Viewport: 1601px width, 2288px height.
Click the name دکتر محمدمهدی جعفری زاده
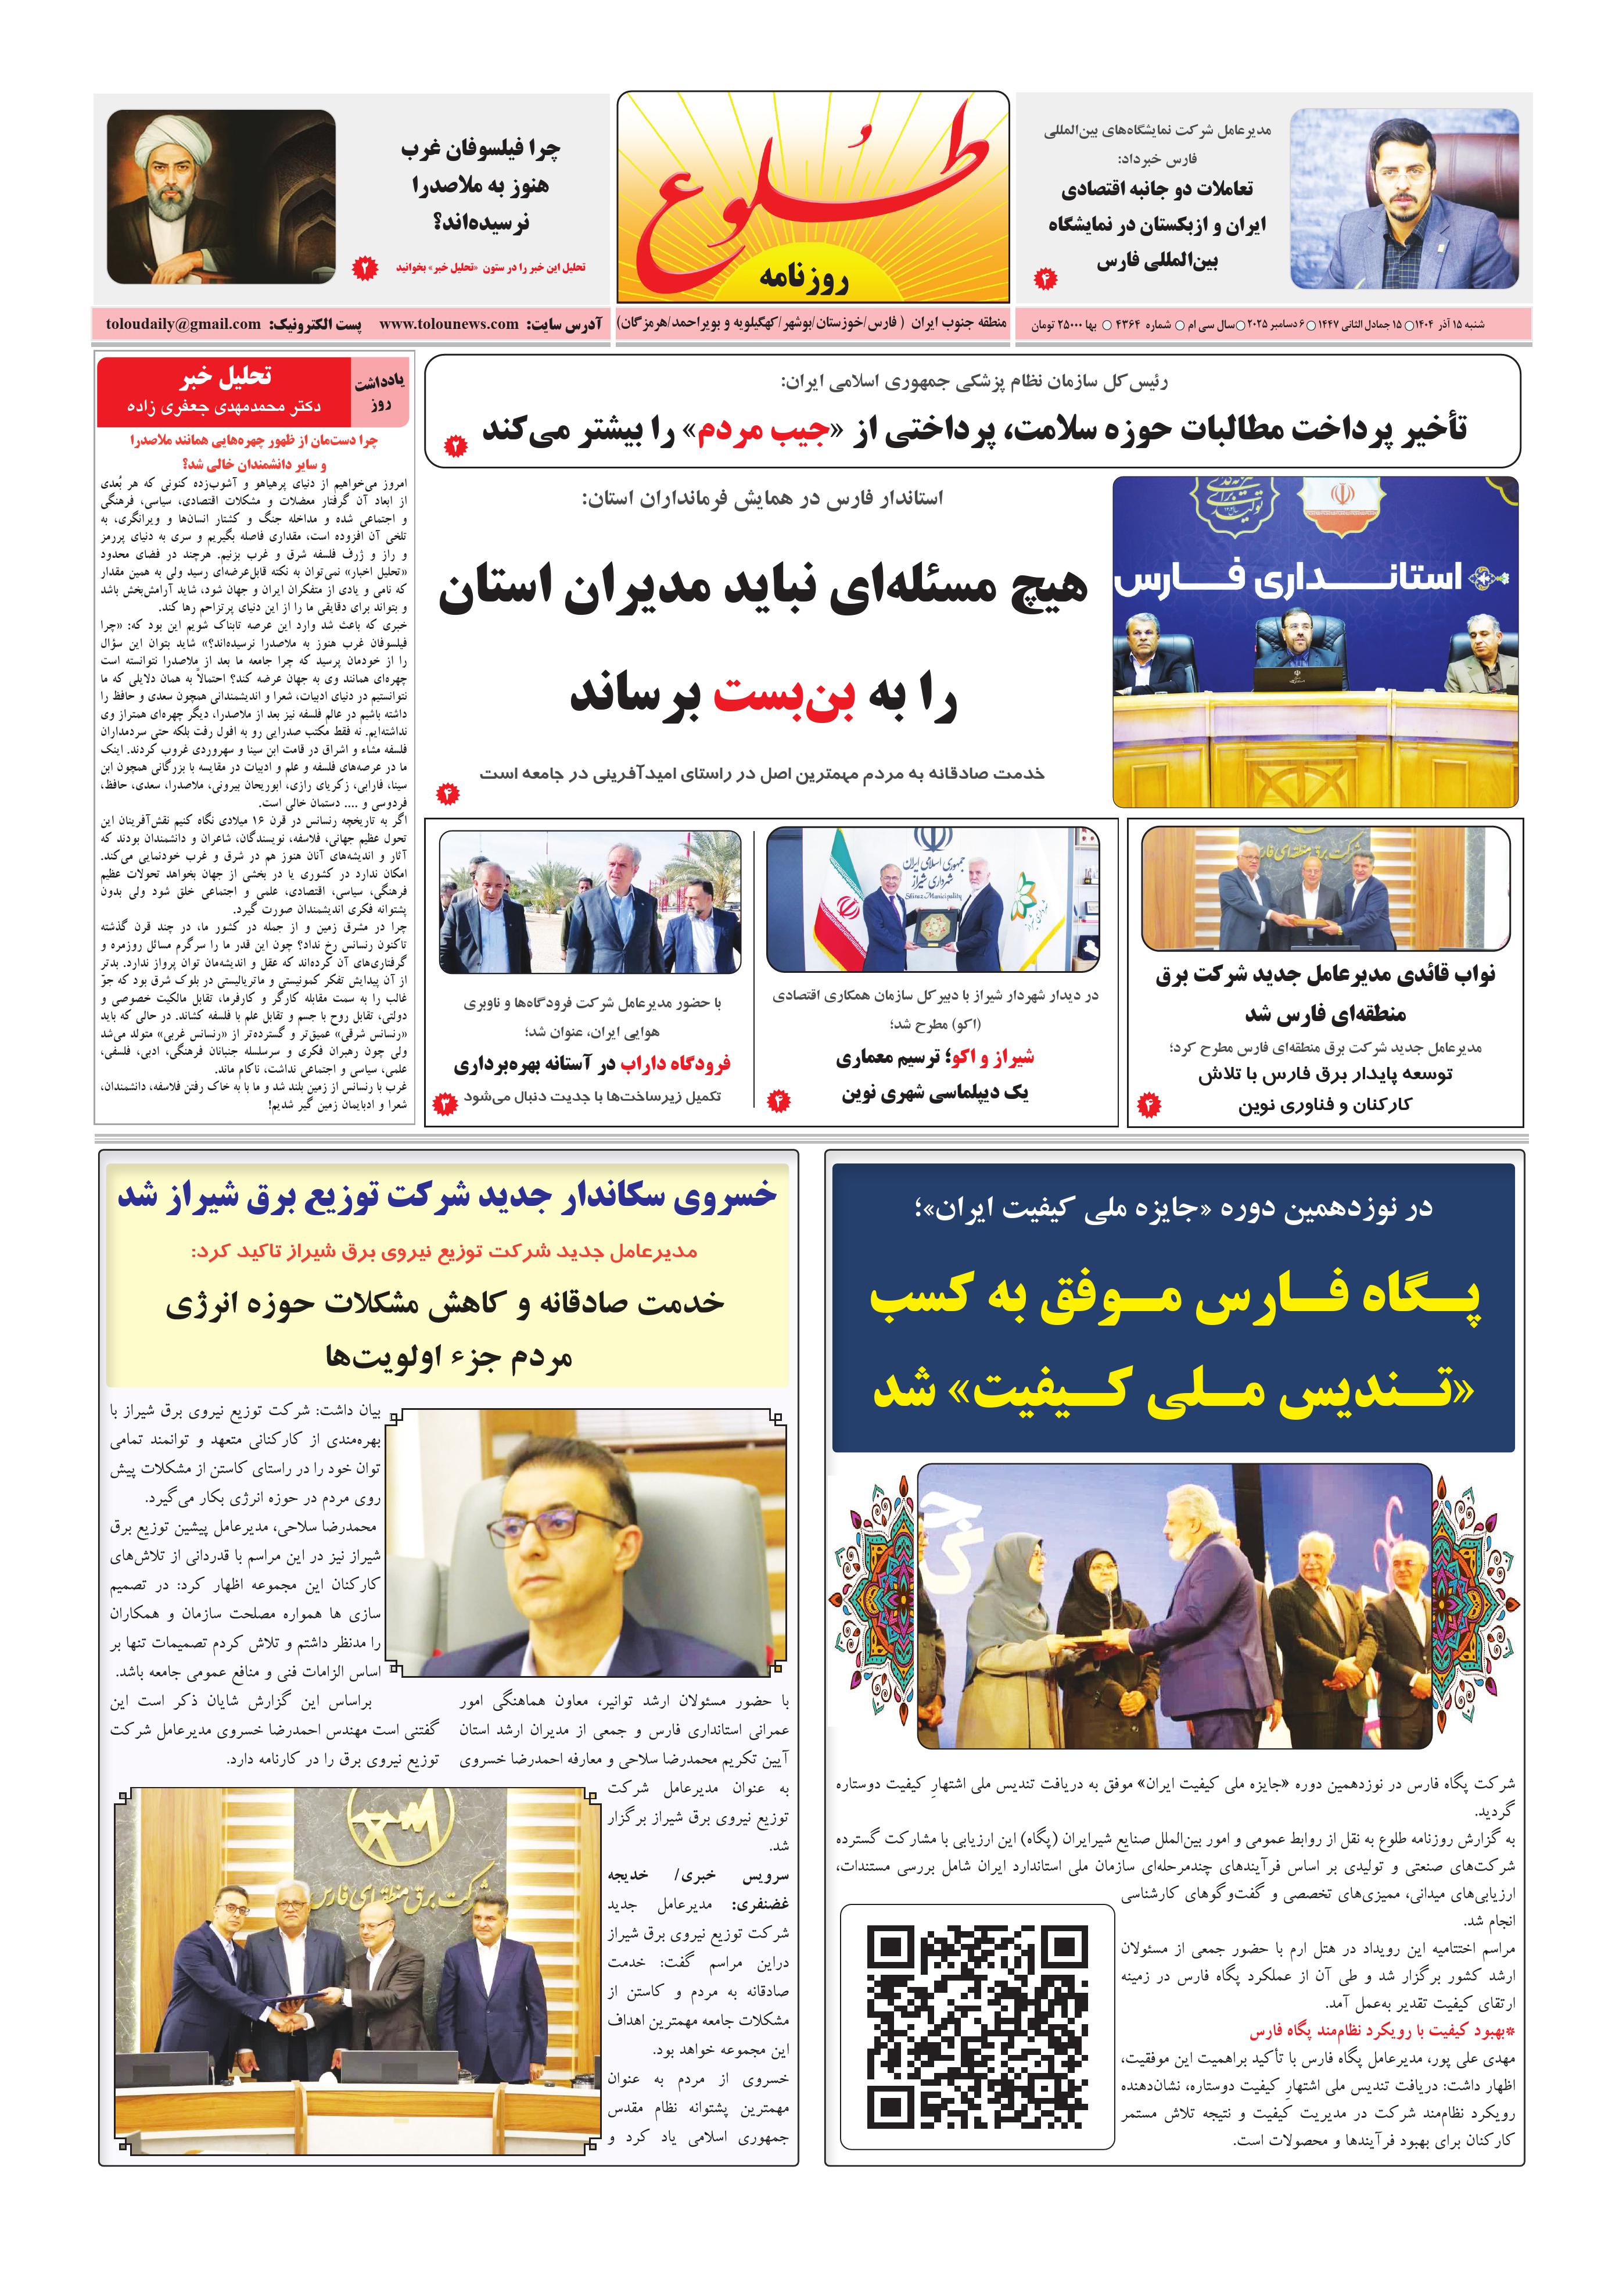[x=224, y=407]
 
